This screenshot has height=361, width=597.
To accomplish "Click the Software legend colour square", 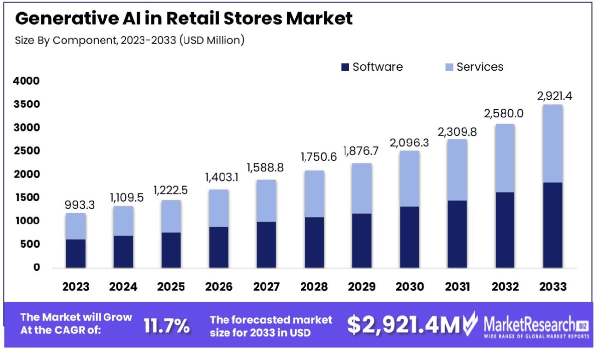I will click(344, 67).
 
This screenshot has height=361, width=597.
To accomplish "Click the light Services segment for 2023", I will click(76, 226).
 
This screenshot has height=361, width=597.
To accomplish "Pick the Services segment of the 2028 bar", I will click(314, 194).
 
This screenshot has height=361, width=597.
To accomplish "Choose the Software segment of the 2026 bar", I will click(219, 247).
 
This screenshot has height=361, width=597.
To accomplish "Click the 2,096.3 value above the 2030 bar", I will click(409, 142).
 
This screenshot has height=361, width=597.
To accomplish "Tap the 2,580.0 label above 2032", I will click(504, 113).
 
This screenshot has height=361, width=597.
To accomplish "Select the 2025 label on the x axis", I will click(171, 287).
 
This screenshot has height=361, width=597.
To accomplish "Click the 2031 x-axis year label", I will click(457, 287).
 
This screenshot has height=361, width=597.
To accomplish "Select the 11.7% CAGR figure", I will click(167, 325).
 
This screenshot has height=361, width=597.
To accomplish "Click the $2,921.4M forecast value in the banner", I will click(403, 325).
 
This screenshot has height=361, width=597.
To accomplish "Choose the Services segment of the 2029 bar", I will click(361, 188).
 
